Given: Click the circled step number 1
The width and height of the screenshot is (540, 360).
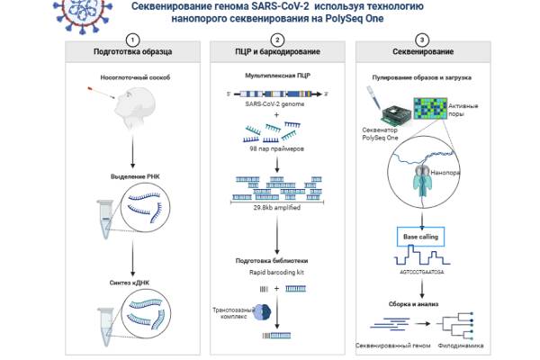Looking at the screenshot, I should (133, 40).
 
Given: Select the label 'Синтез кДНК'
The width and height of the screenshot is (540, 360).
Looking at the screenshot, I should (134, 284).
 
